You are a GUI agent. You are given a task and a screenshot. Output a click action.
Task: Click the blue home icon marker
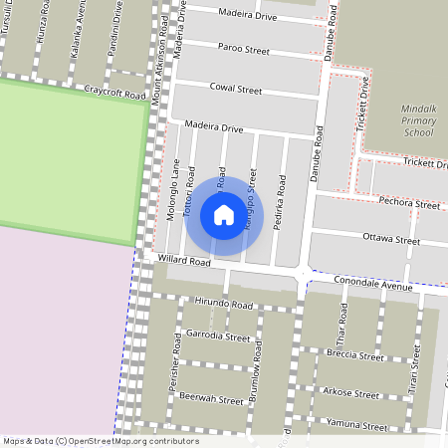(x=224, y=215)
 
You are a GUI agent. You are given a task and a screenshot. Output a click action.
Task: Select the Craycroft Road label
(x=115, y=90)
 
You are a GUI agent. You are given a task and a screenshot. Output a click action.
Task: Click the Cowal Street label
(x=236, y=89)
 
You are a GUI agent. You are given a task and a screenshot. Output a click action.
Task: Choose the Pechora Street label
(x=409, y=203)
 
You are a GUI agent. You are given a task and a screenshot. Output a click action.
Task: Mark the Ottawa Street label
(x=391, y=240)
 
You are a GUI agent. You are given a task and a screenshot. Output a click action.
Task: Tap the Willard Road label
(x=183, y=261)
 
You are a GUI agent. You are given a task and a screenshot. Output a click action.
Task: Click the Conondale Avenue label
(x=373, y=283)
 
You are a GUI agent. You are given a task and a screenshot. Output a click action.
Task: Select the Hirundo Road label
(x=225, y=303)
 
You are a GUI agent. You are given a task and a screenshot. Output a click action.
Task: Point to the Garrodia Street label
(x=218, y=336)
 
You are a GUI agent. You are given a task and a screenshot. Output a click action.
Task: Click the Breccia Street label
(x=357, y=355)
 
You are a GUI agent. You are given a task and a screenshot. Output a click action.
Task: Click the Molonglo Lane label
(x=172, y=190)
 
